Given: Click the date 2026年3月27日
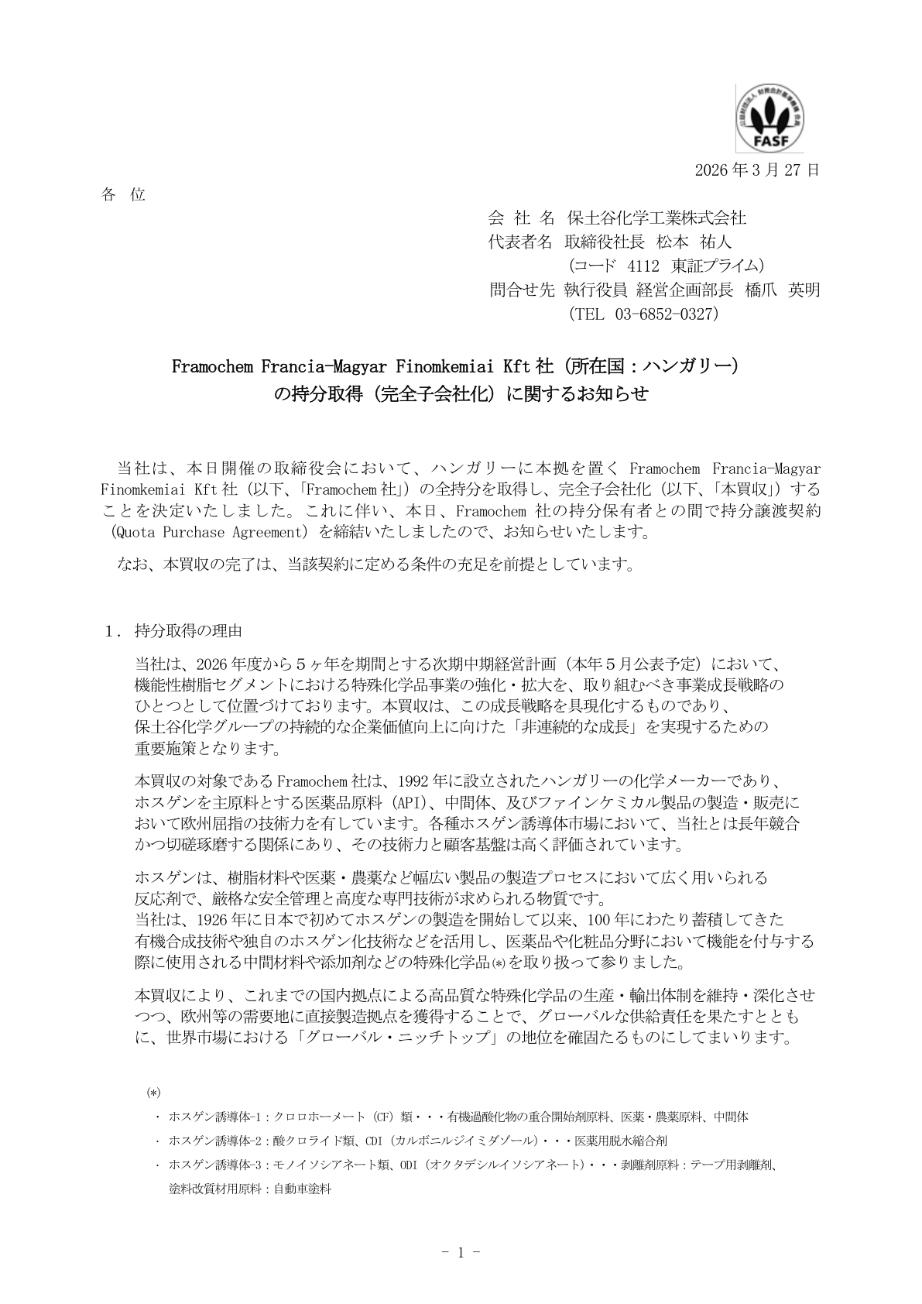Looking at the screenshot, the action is click(756, 170).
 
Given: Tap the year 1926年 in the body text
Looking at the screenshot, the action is click(221, 920).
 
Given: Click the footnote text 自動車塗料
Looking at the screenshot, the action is click(303, 1189).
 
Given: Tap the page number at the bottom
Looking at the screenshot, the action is click(460, 1252).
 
